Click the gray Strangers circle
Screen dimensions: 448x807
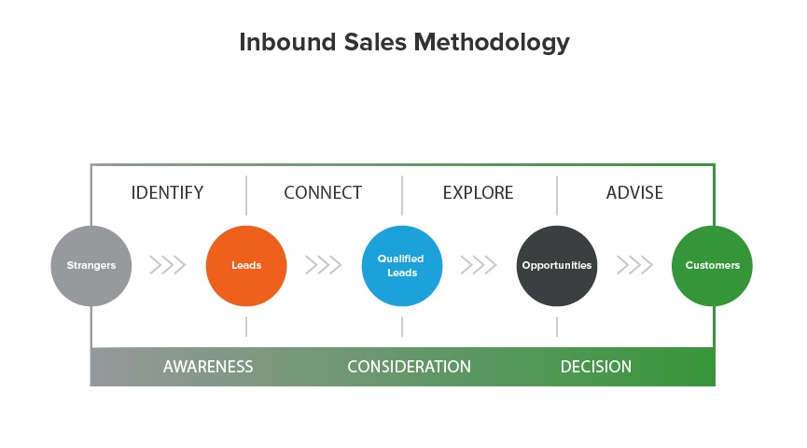[91, 265]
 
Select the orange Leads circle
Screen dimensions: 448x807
[246, 265]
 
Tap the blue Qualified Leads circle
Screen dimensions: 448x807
[401, 265]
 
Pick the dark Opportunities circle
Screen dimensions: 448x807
[557, 265]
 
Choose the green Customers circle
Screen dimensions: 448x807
[713, 265]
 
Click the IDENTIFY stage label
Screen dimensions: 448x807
[167, 193]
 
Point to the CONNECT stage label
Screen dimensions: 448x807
[323, 193]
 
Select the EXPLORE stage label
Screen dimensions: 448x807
[478, 193]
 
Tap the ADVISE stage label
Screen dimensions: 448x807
[634, 193]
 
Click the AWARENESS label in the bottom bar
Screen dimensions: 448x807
[208, 367]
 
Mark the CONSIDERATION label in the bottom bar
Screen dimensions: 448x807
[409, 367]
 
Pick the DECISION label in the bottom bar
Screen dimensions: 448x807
[596, 367]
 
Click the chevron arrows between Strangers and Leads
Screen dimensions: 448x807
[168, 265]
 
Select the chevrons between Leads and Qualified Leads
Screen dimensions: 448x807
[324, 265]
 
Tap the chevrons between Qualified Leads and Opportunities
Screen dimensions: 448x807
[479, 265]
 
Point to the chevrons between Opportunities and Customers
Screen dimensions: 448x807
[634, 265]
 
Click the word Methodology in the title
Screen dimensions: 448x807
[493, 43]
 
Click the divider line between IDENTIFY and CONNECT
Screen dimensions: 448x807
[246, 194]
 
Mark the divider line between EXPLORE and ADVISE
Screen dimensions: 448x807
[557, 194]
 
